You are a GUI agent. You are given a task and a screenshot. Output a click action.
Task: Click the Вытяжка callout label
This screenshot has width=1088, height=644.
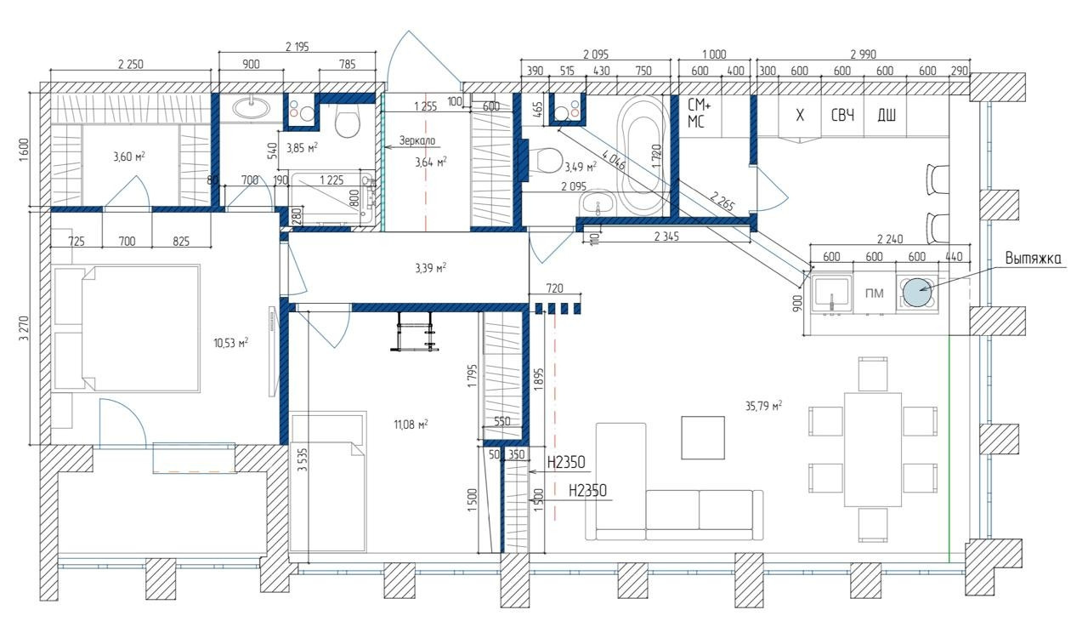pos(1033,258)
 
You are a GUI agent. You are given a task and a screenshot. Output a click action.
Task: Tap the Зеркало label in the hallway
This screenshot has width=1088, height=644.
pos(417,141)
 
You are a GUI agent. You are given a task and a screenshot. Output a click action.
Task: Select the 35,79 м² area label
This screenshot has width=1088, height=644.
pos(763,406)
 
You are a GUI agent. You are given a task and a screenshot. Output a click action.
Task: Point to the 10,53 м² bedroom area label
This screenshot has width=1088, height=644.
pos(230,343)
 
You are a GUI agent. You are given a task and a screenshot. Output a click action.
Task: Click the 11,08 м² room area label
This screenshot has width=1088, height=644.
pos(411,425)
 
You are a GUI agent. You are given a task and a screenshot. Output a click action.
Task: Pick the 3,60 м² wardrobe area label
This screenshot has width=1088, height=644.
pos(128,157)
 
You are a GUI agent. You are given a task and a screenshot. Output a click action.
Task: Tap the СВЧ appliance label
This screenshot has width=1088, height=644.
pos(842,116)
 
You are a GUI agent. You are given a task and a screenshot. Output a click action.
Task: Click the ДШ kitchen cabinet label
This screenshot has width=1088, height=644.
pos(887,115)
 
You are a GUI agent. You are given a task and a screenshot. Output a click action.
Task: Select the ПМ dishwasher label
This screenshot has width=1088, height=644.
pos(875,294)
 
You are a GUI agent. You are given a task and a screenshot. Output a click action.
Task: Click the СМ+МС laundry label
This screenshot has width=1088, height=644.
pos(699,113)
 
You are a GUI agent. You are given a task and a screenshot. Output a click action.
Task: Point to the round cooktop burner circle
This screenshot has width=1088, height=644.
pos(917,292)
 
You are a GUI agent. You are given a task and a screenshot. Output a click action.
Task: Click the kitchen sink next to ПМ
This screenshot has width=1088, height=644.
pos(832,293)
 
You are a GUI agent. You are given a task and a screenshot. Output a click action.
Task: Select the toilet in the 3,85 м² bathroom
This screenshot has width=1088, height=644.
pos(348,121)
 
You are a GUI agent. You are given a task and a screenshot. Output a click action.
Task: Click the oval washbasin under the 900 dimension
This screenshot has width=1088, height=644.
pos(251,107)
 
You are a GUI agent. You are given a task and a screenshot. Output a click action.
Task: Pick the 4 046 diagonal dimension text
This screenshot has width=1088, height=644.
pos(614,159)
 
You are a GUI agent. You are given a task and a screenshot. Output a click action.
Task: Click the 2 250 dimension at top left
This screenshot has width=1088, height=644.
pos(131,64)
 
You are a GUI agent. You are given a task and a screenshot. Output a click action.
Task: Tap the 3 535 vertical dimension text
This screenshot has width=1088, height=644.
pos(303,459)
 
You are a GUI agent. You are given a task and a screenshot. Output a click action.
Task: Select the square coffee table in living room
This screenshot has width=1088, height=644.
pos(703,437)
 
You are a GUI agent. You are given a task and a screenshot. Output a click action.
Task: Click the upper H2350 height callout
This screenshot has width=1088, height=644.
pos(566,462)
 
